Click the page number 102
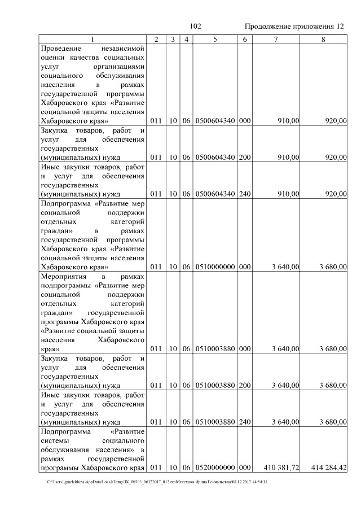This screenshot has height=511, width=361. tap(196, 27)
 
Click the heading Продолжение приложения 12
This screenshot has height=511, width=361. tap(294, 27)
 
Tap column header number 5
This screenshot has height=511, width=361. tap(215, 38)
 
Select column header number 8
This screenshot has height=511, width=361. tap(323, 38)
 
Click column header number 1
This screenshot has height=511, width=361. tap(93, 38)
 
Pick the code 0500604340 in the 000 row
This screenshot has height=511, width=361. tap(215, 121)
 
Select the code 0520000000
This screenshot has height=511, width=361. tap(215, 468)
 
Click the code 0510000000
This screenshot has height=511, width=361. tap(215, 267)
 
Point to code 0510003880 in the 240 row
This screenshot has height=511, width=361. tap(215, 422)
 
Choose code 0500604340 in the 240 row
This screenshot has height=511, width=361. tap(215, 194)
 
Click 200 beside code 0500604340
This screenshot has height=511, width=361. tap(244, 158)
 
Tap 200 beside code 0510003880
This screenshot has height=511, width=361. tap(244, 385)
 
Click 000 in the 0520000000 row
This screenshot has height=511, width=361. tap(244, 468)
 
